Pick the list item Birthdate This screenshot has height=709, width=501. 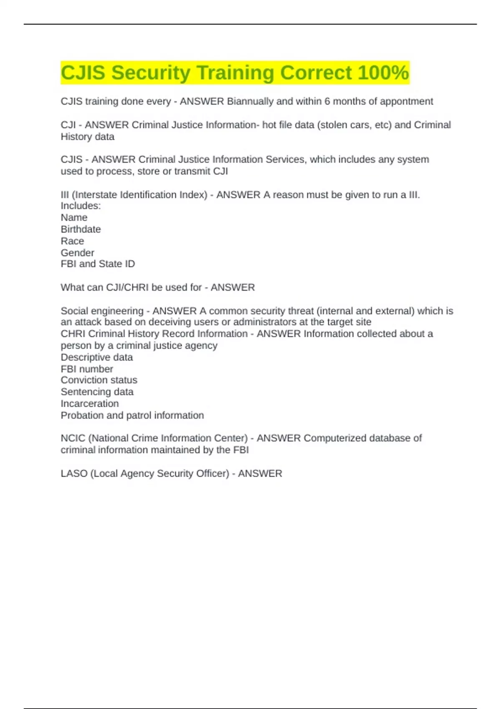81,229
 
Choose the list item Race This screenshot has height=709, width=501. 72,241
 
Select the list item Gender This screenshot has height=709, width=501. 77,253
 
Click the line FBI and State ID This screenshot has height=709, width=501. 98,264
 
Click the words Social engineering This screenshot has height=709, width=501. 102,311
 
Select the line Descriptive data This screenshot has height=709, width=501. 96,357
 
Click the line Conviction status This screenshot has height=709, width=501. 99,380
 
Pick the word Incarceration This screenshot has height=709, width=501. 89,404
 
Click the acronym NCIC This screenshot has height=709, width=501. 73,438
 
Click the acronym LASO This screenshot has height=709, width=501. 74,474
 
